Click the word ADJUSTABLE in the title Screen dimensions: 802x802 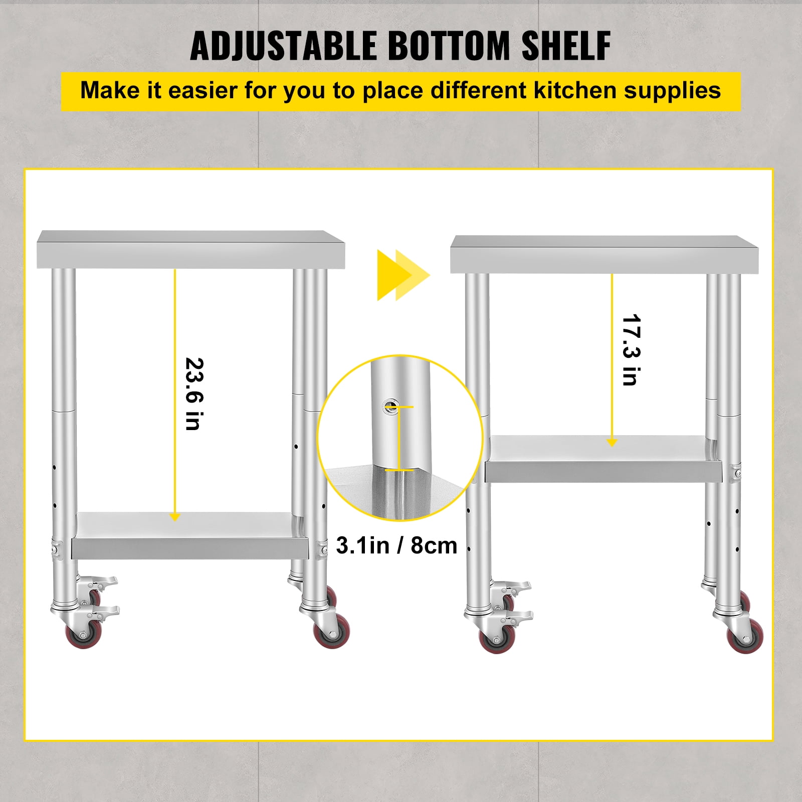(x=284, y=46)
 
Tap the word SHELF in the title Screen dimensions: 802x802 (x=566, y=46)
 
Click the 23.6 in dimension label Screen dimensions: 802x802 (x=194, y=394)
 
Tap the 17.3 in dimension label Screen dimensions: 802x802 (x=631, y=350)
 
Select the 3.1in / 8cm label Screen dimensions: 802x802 (x=396, y=545)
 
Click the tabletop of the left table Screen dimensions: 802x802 (x=191, y=249)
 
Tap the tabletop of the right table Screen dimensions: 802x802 (x=604, y=255)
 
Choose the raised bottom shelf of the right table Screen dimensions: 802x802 (x=603, y=459)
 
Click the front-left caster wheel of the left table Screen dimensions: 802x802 (x=84, y=635)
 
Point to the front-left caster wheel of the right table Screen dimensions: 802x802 (x=497, y=640)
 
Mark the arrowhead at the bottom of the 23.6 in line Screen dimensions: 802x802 (x=175, y=517)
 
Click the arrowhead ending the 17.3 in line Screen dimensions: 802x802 (x=612, y=442)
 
